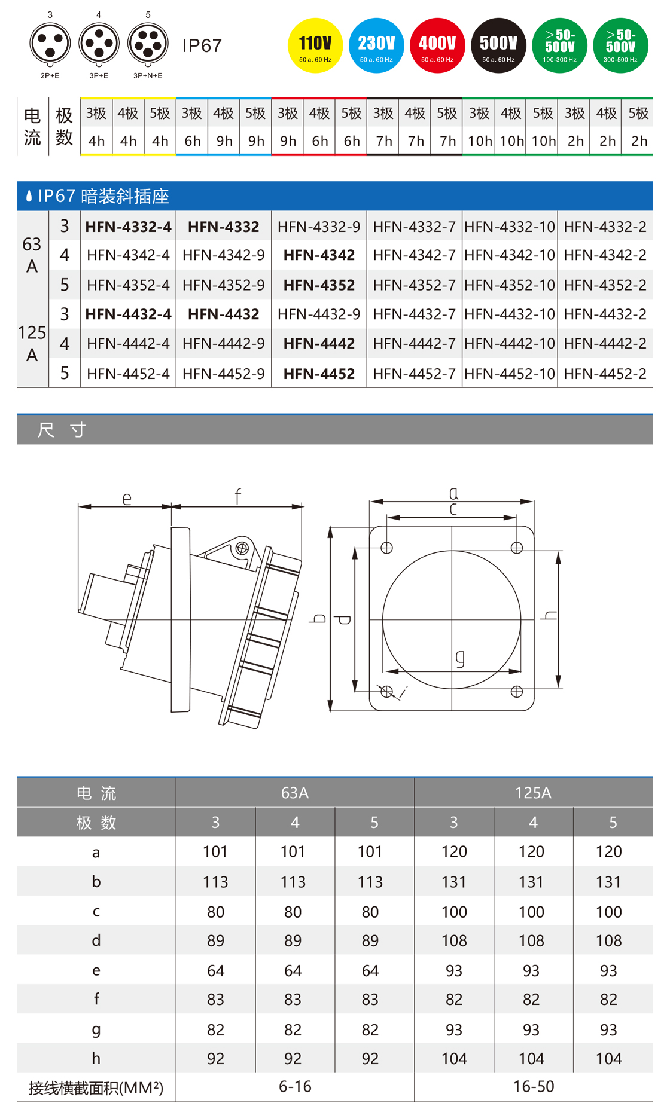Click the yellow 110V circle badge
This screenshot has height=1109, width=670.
(315, 45)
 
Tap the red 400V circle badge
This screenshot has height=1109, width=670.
(437, 45)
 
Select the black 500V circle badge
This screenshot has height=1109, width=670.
(498, 45)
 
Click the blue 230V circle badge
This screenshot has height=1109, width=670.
(376, 45)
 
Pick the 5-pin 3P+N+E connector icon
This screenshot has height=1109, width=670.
(148, 44)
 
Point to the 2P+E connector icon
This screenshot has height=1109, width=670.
(50, 44)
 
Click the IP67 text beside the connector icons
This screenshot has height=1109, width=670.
(202, 45)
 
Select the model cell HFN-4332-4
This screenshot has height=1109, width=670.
(128, 227)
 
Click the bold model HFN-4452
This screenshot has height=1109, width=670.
(319, 374)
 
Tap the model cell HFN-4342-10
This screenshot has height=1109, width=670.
(510, 255)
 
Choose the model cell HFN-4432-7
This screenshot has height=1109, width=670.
(414, 314)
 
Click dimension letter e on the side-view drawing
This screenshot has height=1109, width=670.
(127, 498)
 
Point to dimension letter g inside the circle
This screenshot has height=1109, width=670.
(459, 658)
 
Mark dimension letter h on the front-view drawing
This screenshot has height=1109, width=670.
(549, 615)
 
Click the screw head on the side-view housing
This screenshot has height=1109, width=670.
(242, 548)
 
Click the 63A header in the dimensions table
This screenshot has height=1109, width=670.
(295, 793)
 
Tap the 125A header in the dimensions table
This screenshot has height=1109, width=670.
(533, 793)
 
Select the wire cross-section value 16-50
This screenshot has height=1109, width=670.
(534, 1086)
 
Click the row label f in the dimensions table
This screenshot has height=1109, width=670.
(96, 999)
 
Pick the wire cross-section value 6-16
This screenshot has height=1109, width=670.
(295, 1086)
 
